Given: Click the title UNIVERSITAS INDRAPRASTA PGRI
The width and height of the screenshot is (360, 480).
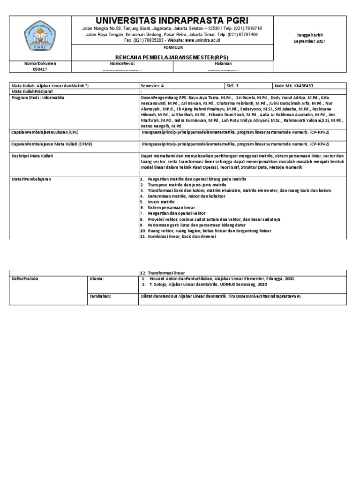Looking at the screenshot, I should (172, 20).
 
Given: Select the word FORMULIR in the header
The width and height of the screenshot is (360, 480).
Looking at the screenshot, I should (172, 48).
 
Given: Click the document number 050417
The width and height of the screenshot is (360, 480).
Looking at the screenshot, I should (40, 69).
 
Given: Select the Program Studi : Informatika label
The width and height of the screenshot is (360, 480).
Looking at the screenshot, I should (37, 97).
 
